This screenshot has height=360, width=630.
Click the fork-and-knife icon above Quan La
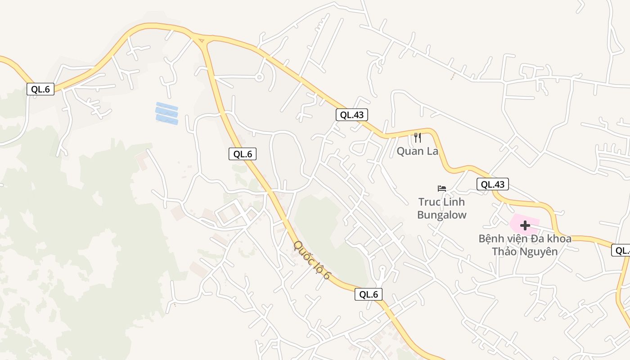tap(418, 137)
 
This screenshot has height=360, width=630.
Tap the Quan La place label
tap(417, 151)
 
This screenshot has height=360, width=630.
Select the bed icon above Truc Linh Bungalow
tap(442, 188)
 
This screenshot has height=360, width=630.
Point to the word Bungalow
tap(442, 215)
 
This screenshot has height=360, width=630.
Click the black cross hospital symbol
tap(525, 225)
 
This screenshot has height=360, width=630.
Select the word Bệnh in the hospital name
tap(491, 238)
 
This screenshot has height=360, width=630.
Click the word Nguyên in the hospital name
tap(539, 252)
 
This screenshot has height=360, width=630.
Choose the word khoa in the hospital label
tap(559, 238)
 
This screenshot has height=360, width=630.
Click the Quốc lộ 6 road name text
tap(312, 260)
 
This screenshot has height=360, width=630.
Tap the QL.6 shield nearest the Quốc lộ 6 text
tap(369, 294)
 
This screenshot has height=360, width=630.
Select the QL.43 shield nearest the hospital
tap(493, 184)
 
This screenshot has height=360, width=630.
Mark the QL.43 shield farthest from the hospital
tap(352, 115)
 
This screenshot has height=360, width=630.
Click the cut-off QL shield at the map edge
tap(621, 250)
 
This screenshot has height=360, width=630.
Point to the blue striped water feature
tap(167, 113)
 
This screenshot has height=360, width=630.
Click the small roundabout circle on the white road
tap(259, 77)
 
